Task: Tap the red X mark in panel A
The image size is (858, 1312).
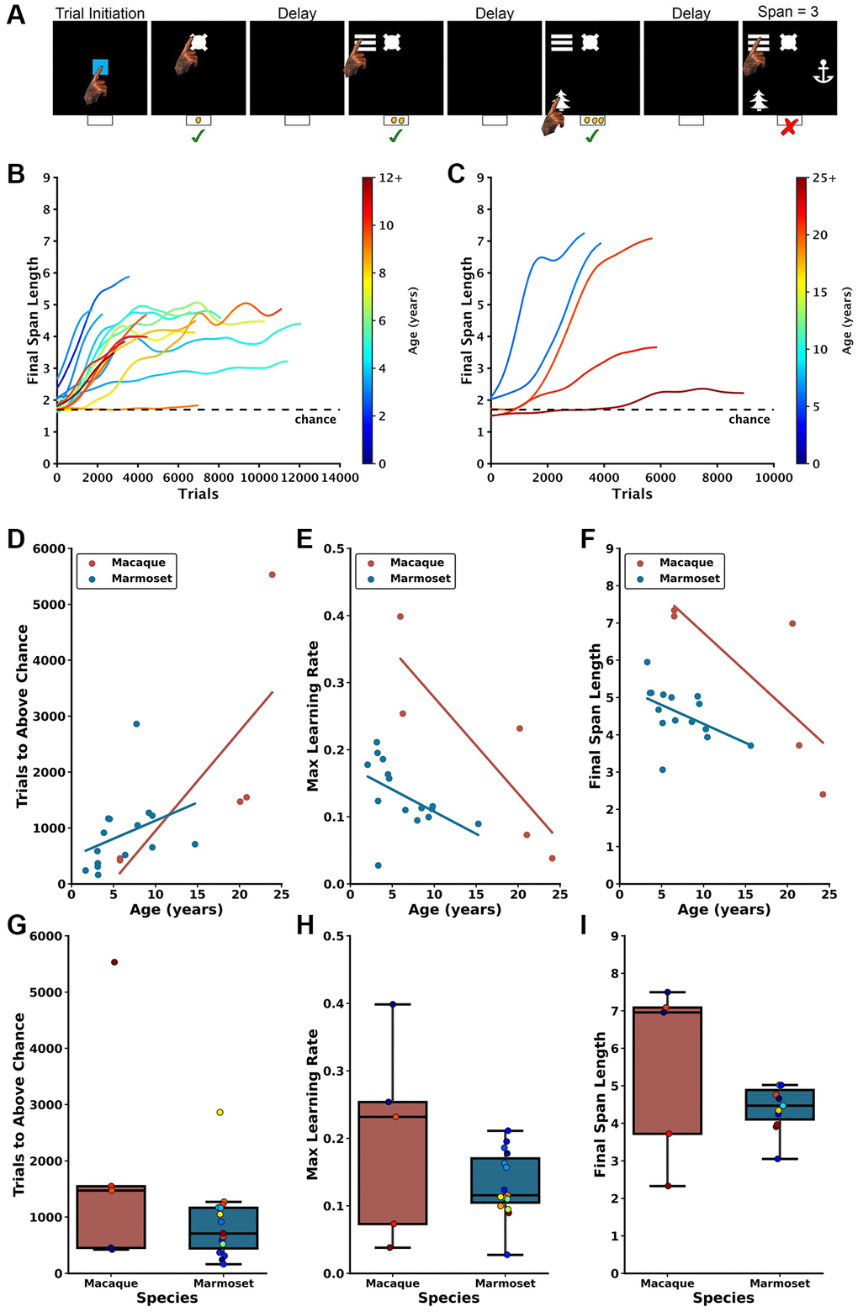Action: click(788, 128)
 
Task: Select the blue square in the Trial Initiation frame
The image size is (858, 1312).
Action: click(100, 67)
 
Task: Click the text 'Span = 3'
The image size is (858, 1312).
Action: click(787, 12)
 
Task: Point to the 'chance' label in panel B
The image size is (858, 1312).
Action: click(315, 419)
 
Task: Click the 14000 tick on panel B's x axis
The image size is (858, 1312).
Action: click(340, 478)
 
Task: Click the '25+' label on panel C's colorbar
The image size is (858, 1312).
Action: click(824, 178)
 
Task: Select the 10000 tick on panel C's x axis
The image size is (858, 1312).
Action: click(773, 478)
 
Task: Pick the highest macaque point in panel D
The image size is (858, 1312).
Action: click(272, 574)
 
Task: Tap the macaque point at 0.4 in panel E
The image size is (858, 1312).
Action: click(400, 616)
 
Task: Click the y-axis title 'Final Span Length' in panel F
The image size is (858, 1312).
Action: click(596, 717)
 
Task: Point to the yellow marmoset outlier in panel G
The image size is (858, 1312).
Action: click(220, 1112)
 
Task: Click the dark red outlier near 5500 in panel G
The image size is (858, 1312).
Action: click(114, 962)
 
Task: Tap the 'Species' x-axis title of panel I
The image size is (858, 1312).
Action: click(723, 1298)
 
